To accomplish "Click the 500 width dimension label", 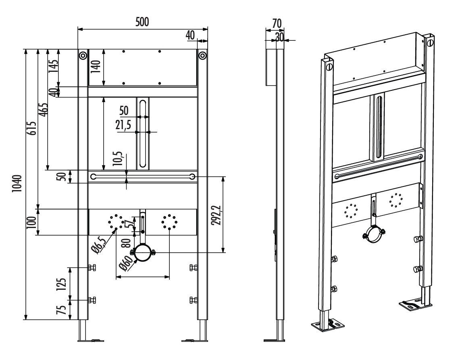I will [142, 22].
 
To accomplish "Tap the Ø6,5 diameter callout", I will [99, 246].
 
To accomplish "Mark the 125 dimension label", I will [61, 284].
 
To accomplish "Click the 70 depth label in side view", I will [277, 23].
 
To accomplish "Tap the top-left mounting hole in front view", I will [83, 55].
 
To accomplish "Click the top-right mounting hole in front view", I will [202, 55].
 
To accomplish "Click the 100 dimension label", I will [33, 222].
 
